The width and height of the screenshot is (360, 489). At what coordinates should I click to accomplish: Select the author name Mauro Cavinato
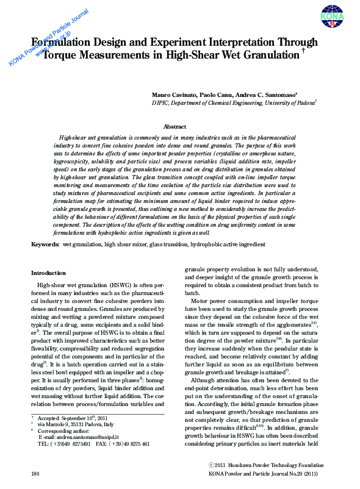tap(175, 96)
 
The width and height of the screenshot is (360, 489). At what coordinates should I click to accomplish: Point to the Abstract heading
tap(174, 127)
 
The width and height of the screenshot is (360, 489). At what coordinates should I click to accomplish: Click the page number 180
tap(35, 473)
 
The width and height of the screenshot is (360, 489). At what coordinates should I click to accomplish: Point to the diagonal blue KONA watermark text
tap(49, 37)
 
